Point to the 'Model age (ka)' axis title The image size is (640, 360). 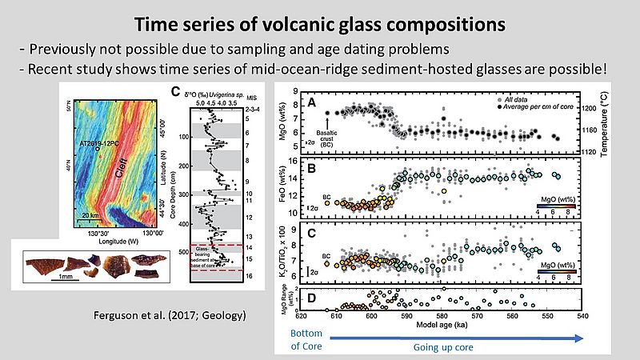(438, 324)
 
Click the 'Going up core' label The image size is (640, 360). (439, 348)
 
